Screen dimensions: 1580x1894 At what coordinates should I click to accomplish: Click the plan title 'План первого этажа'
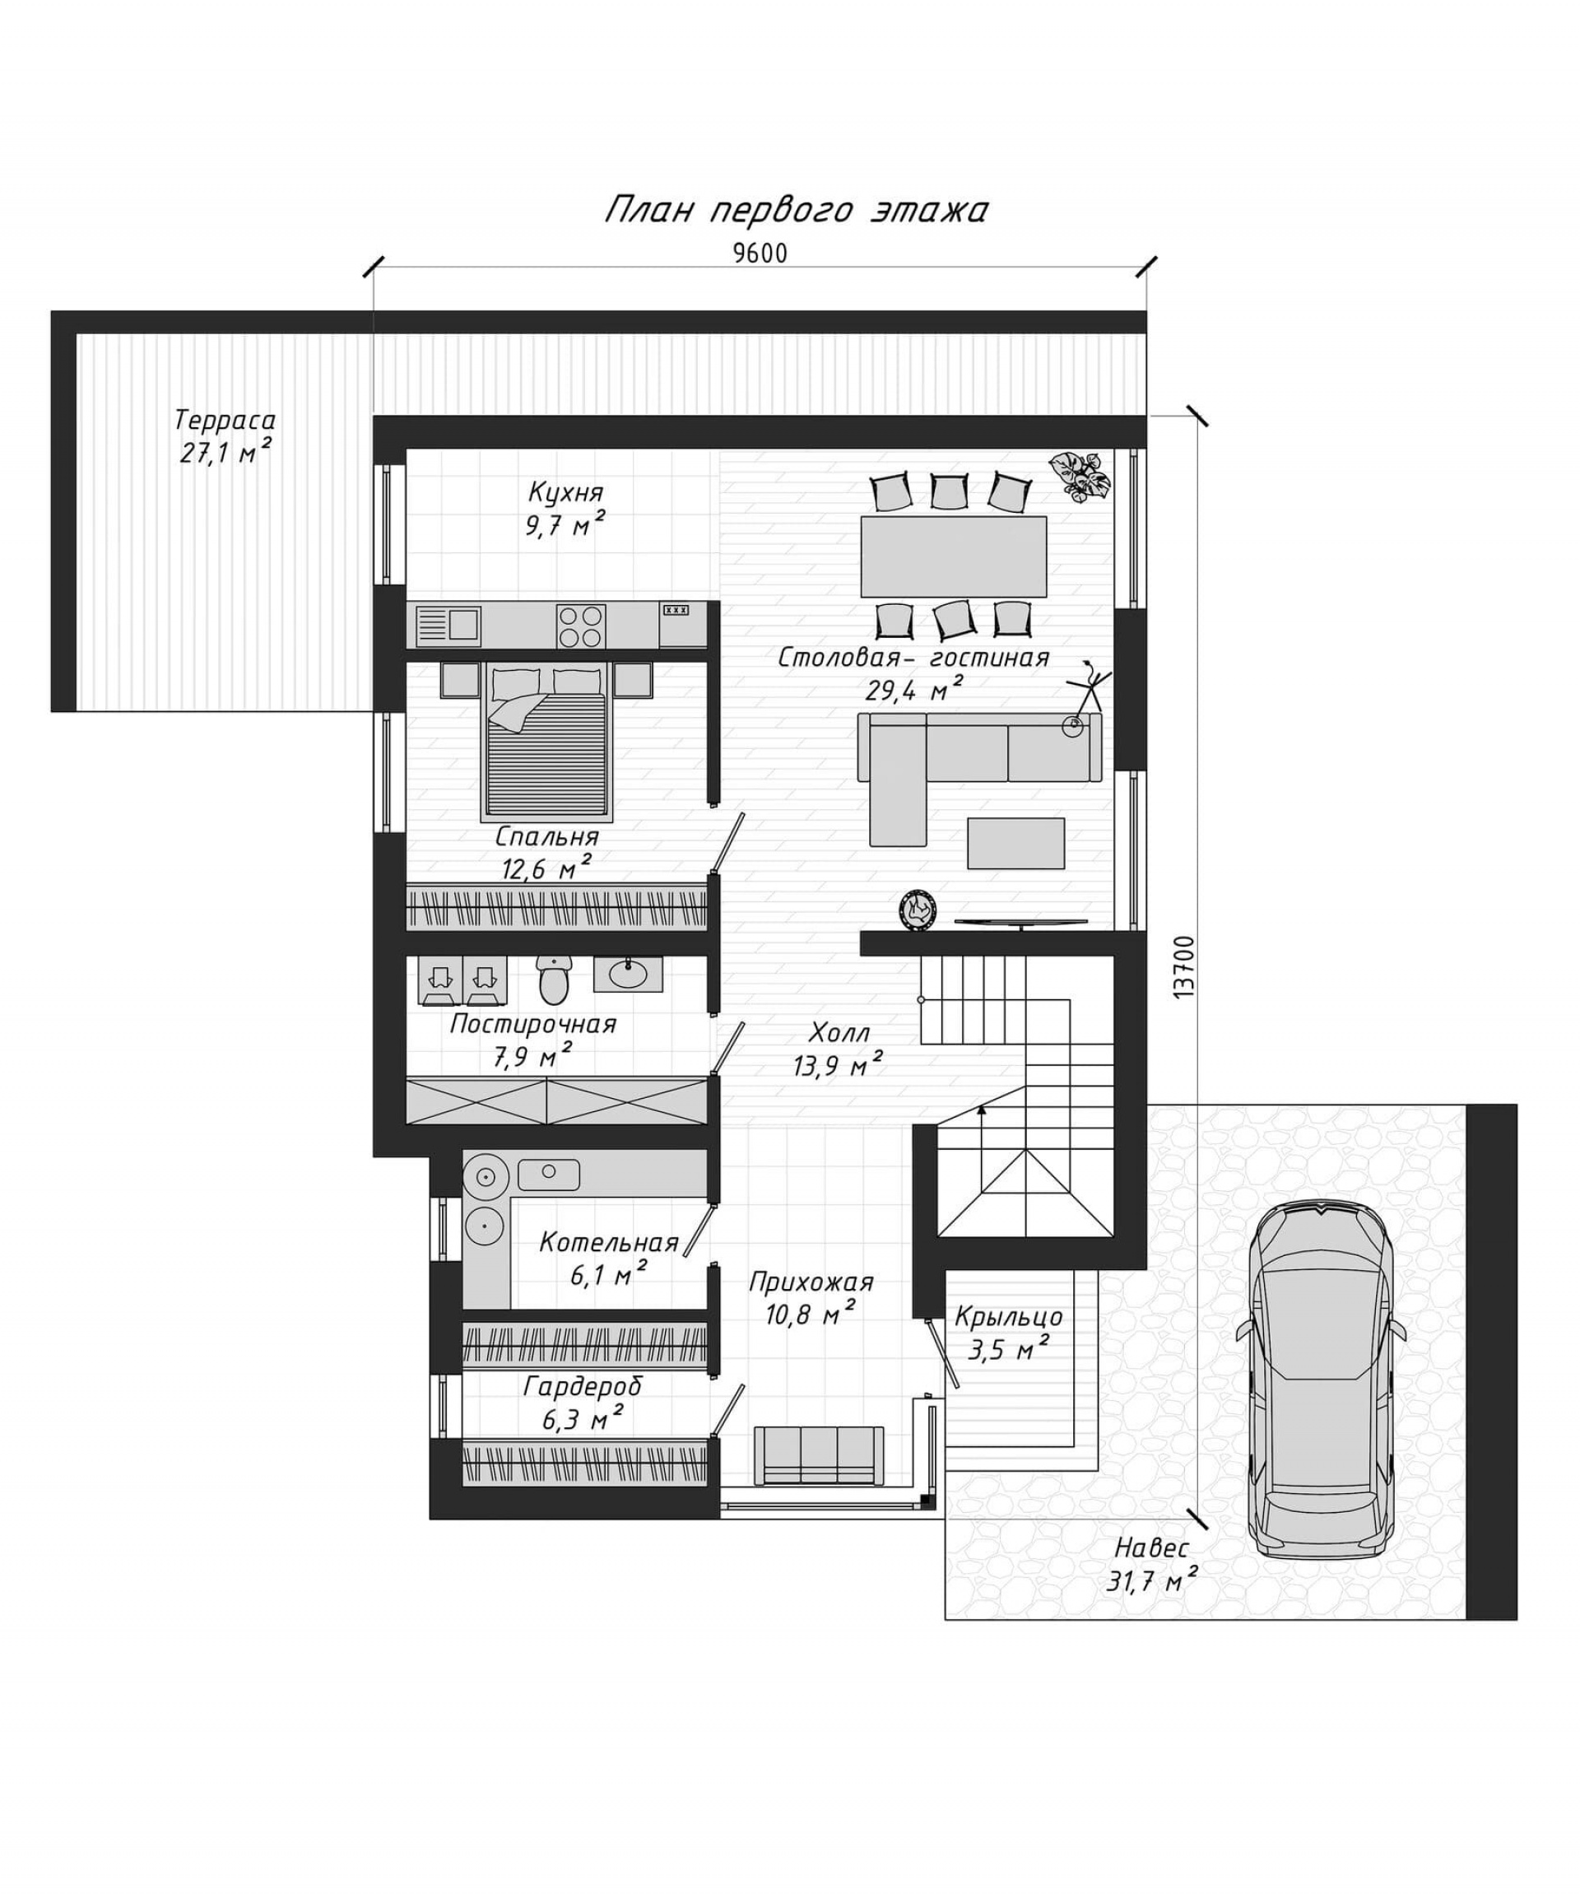(x=796, y=210)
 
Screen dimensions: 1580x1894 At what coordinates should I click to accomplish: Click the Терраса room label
(x=225, y=421)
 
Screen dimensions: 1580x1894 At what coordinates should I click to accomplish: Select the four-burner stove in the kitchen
(x=580, y=625)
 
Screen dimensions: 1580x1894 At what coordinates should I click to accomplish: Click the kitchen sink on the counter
(x=448, y=624)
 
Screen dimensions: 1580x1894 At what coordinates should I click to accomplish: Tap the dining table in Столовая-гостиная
(x=953, y=556)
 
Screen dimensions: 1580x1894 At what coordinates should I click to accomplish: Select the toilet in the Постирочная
(x=553, y=980)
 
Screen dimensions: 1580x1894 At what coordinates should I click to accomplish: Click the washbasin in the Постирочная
(x=628, y=974)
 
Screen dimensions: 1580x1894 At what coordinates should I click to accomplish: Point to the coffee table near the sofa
(x=1015, y=842)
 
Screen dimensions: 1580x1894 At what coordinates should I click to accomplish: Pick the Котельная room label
(x=609, y=1243)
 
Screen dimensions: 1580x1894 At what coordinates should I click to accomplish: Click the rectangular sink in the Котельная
(x=548, y=1174)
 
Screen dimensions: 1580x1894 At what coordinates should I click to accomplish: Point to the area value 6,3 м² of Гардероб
(x=583, y=1421)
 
